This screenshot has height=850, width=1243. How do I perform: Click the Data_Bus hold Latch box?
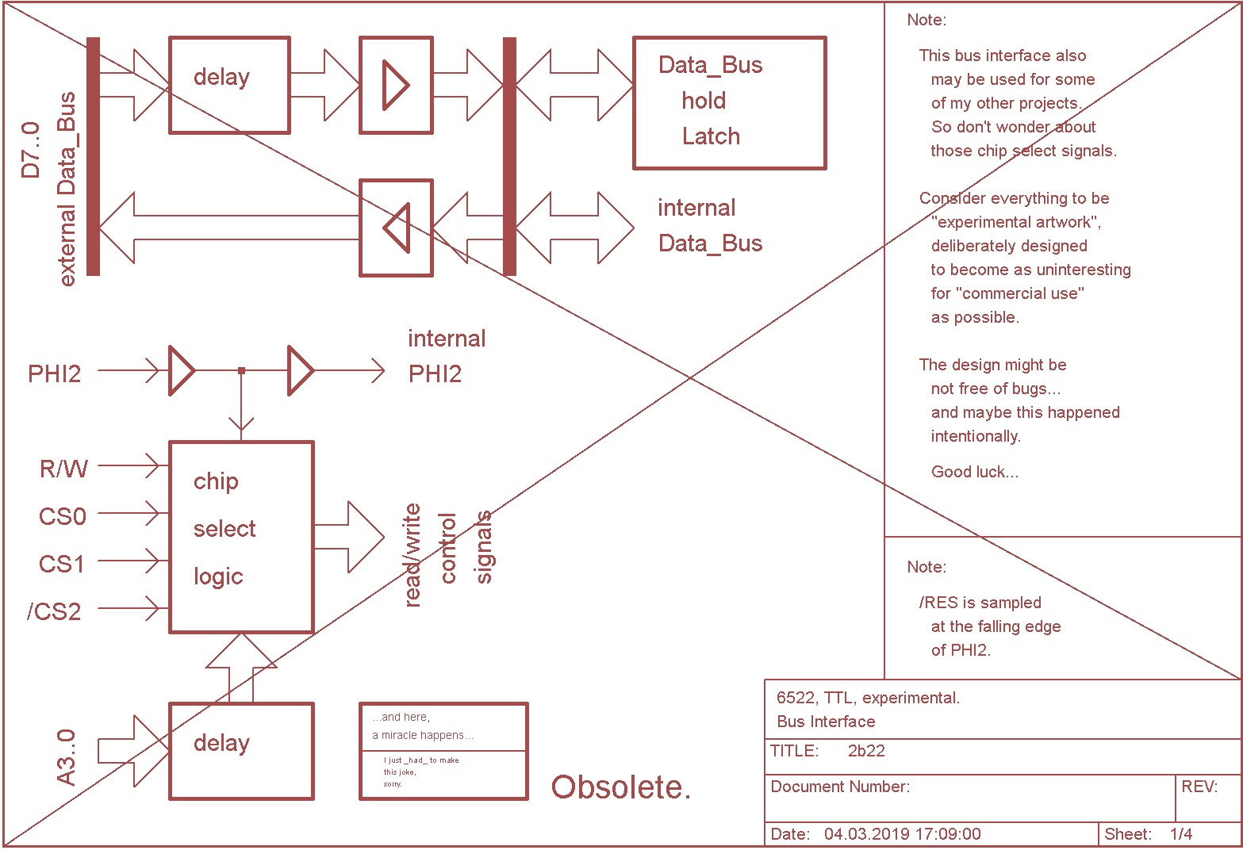[x=729, y=103]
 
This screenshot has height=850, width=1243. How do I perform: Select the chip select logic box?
[x=241, y=537]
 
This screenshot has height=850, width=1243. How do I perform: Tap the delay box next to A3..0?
[x=241, y=751]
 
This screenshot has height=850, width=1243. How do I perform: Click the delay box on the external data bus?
[x=229, y=85]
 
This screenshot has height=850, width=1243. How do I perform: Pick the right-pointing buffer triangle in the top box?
[x=396, y=85]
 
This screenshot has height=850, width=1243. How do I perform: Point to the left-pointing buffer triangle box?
[x=396, y=228]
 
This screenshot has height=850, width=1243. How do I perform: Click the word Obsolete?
[x=620, y=787]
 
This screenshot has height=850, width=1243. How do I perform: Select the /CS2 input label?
[x=54, y=611]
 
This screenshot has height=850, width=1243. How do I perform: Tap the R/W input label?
[x=63, y=469]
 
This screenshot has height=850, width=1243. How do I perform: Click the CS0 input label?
[x=62, y=516]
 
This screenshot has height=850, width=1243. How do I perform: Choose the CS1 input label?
[x=61, y=564]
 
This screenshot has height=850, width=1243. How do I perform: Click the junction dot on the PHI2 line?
[x=241, y=370]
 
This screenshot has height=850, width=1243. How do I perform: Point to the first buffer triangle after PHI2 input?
[x=182, y=370]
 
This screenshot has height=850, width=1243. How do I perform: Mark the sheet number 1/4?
[x=1181, y=833]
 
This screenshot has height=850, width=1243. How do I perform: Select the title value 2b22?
[x=866, y=751]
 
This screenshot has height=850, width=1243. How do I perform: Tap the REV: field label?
[x=1199, y=786]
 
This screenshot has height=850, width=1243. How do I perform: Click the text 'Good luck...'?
[x=974, y=472]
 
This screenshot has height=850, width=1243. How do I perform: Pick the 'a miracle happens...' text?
[x=423, y=735]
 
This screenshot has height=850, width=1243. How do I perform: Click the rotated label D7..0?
[x=30, y=151]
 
